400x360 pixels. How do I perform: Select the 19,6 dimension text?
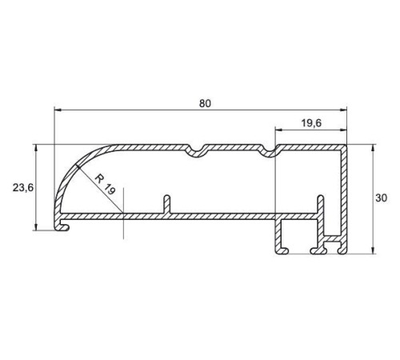point(310,122)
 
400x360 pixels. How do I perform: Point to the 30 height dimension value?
point(383,198)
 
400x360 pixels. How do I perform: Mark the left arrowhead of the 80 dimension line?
point(57,110)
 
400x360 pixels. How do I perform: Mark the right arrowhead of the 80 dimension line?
point(345,110)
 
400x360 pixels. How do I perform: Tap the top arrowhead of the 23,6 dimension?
point(37,149)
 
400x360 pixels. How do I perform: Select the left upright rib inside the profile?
point(166,204)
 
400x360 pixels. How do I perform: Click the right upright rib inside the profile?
point(322,204)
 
